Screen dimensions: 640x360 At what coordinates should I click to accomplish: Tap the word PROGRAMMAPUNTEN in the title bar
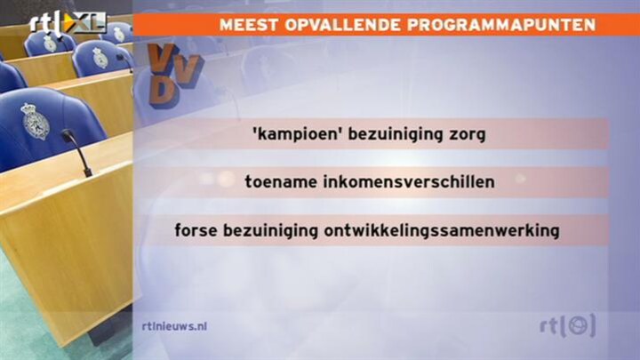(501, 25)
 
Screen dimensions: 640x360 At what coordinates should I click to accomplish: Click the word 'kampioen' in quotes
(297, 134)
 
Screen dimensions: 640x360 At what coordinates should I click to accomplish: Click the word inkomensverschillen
(409, 181)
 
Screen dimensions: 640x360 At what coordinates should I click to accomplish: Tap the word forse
(196, 230)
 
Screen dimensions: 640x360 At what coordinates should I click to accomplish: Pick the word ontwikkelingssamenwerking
(442, 230)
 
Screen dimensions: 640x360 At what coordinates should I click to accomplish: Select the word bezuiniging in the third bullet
(270, 230)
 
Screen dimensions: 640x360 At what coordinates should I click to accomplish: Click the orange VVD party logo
(174, 76)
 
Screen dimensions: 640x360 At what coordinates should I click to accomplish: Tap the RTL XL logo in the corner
(68, 23)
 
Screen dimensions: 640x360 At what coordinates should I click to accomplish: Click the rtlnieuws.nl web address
(175, 326)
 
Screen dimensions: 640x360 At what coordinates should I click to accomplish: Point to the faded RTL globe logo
(568, 325)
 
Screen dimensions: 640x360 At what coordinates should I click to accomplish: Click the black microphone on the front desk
(76, 152)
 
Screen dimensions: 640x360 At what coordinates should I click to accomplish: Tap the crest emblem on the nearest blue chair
(35, 121)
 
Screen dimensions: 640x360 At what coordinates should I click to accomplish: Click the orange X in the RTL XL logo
(75, 23)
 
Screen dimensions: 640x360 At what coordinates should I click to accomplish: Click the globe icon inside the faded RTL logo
(578, 325)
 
